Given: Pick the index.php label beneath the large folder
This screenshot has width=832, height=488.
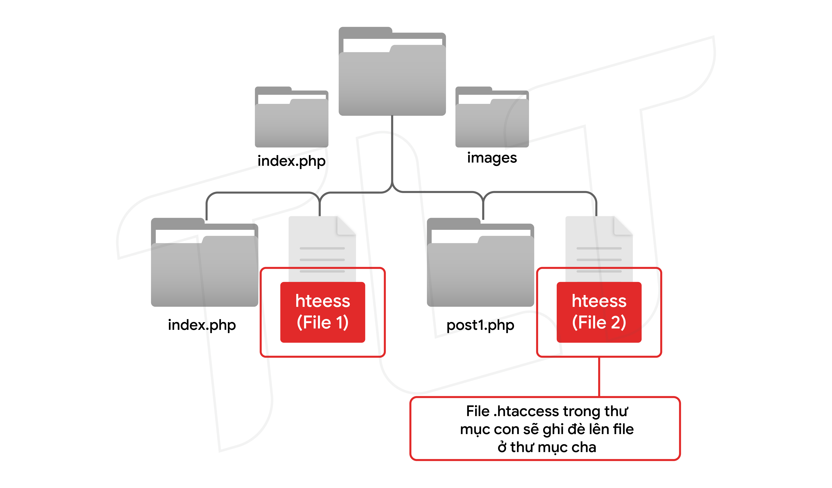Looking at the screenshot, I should (x=202, y=325).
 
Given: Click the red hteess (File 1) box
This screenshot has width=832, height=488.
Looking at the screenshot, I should (x=323, y=312).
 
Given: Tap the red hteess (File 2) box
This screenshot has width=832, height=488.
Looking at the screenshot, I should (x=599, y=312).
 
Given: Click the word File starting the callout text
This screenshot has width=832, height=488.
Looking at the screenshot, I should (x=477, y=411).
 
